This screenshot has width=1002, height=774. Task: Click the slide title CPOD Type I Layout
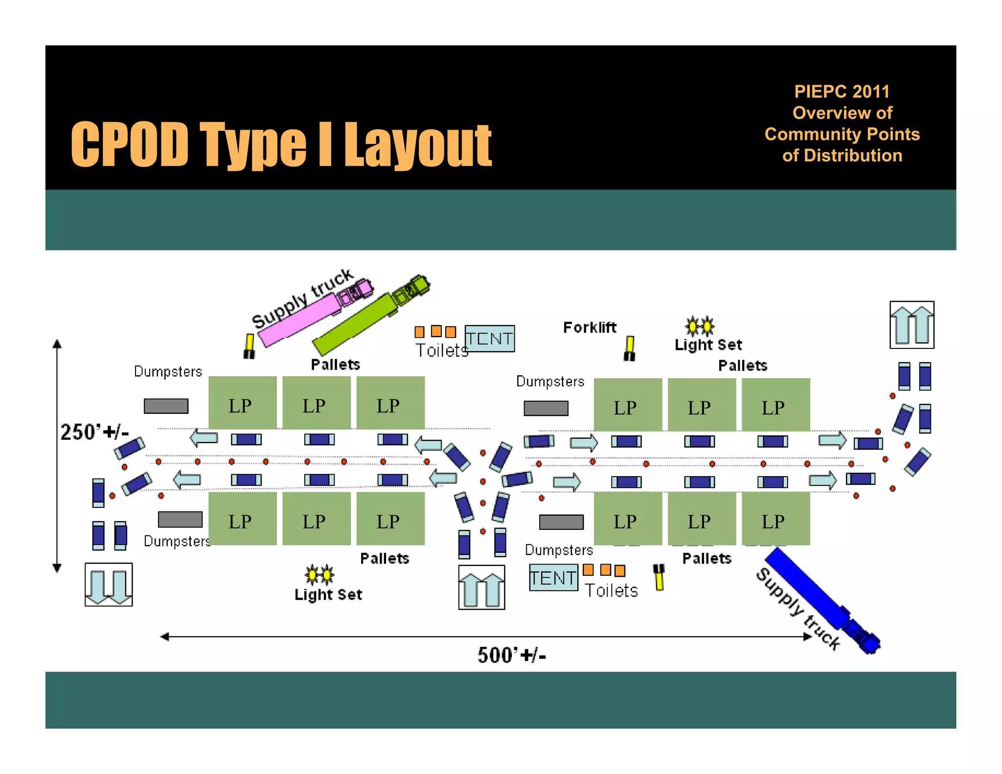(281, 144)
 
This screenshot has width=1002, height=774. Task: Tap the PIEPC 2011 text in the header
(842, 91)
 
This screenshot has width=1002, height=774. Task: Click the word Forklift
(590, 327)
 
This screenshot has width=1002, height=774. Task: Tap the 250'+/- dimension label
(94, 432)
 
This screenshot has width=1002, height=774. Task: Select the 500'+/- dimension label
(511, 655)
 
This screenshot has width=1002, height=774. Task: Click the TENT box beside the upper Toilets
(489, 339)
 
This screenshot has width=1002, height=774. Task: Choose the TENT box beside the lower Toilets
(553, 578)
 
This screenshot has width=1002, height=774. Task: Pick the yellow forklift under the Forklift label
(630, 348)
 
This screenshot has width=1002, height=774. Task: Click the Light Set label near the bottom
(328, 594)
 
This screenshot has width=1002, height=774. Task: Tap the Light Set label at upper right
(708, 345)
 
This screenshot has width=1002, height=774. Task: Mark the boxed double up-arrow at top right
(911, 325)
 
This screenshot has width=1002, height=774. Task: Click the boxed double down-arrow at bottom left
(109, 585)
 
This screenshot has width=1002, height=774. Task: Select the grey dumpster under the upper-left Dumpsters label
(166, 406)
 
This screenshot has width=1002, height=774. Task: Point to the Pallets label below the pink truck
(336, 364)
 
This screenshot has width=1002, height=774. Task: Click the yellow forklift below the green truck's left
(250, 346)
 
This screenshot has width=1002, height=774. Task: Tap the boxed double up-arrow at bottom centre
(481, 587)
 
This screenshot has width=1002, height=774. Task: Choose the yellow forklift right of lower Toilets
(659, 577)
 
